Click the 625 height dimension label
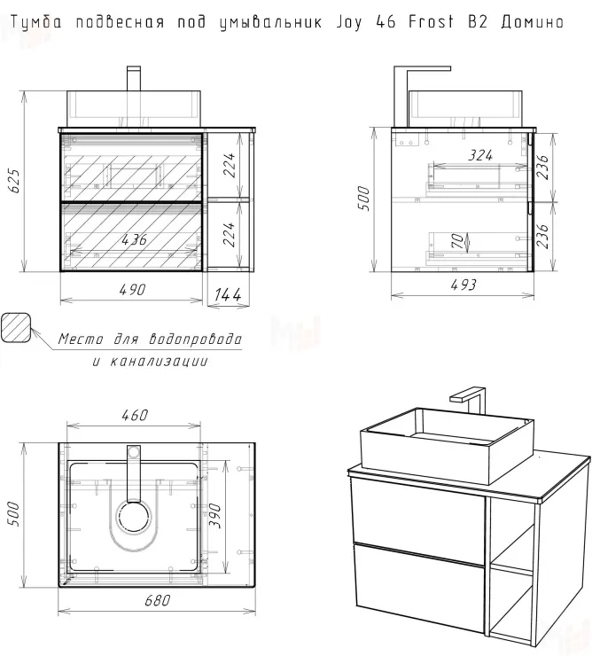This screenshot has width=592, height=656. click(x=14, y=181)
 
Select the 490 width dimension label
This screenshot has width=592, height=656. click(x=132, y=290)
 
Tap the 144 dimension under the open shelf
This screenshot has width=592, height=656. click(x=228, y=294)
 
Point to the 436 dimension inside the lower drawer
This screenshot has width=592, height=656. click(x=135, y=239)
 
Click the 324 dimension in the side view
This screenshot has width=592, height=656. click(x=480, y=155)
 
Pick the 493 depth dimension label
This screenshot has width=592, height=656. click(x=463, y=285)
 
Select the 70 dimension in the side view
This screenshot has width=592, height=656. click(x=457, y=241)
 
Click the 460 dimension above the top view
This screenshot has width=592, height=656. click(x=135, y=415)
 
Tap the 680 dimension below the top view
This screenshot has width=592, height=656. click(x=158, y=600)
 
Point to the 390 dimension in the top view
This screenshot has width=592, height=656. click(x=214, y=515)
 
